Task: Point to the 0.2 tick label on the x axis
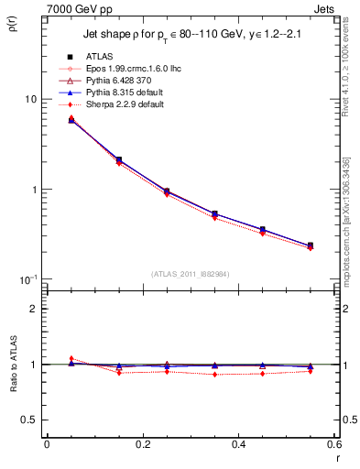142,444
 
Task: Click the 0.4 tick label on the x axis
238,444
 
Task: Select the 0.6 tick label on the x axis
333,444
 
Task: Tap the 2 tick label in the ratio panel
32,309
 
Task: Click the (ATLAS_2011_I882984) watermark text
191,273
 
